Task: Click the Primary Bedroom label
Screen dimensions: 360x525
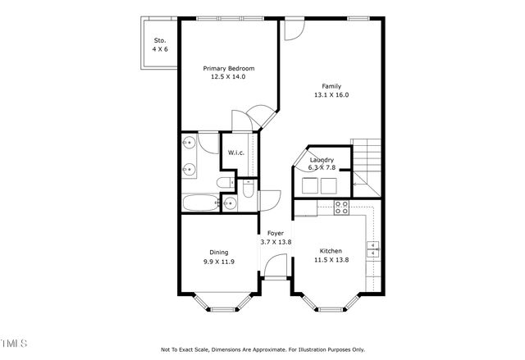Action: point(229,68)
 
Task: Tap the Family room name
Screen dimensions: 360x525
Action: point(331,86)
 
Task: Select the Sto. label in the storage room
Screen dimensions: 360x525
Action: point(160,40)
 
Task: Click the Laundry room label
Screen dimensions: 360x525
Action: point(321,160)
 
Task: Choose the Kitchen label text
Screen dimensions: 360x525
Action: point(331,251)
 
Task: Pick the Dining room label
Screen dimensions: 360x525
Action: point(217,253)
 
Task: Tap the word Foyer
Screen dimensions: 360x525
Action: point(276,233)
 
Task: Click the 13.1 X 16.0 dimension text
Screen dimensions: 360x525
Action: point(331,95)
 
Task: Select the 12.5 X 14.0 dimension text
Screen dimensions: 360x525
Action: point(229,76)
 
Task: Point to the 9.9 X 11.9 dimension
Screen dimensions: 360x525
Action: point(218,262)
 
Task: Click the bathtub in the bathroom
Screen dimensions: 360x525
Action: point(199,202)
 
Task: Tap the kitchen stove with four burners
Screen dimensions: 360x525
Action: point(341,206)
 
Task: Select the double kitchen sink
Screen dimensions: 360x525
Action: point(373,248)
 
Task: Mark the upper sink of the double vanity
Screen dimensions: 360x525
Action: point(189,144)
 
